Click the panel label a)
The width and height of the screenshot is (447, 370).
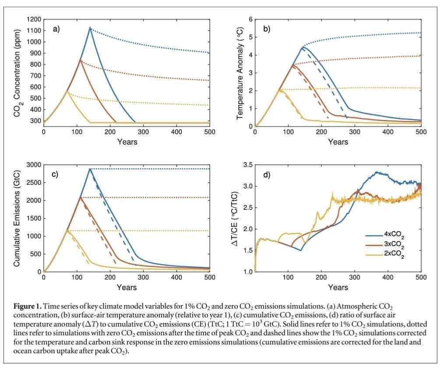pos(56,29)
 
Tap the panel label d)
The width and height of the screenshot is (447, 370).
pos(267,175)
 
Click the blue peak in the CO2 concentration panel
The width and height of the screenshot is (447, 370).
pos(90,28)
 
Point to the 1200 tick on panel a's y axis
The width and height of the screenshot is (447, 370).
pos(33,20)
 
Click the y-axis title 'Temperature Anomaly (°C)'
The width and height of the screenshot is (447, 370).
pos(239,73)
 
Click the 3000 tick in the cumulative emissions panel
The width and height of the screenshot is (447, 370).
pos(33,165)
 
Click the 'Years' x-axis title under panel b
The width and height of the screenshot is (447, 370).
pos(338,142)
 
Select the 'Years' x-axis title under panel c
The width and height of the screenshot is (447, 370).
pos(127,287)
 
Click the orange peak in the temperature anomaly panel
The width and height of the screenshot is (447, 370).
pos(292,65)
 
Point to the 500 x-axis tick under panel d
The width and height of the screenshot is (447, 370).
pos(421,278)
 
